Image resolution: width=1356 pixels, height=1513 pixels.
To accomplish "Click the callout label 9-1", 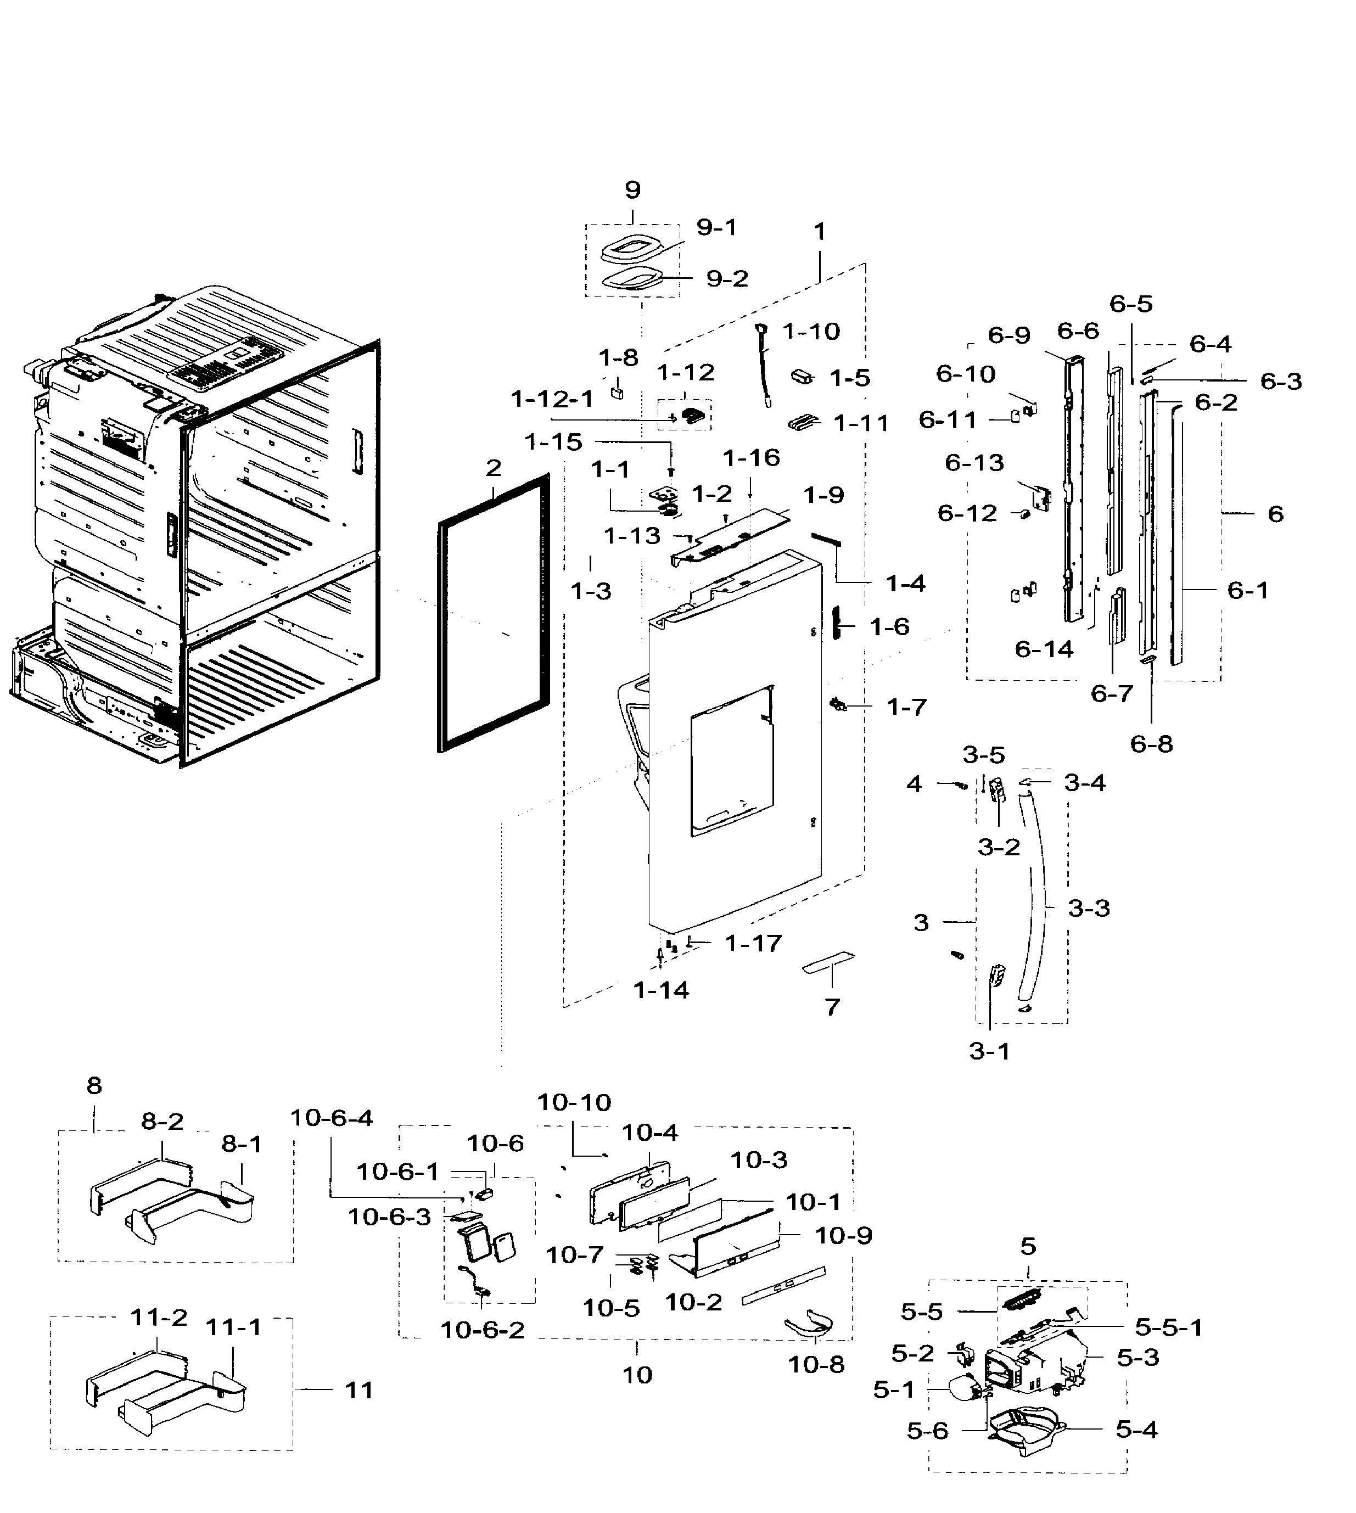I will coord(716,227).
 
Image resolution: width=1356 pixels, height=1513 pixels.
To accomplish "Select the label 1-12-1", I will coord(552,399).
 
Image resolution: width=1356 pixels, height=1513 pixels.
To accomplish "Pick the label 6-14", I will coord(1044,649).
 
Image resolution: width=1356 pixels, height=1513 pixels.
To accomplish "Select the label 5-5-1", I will coord(1168,1327).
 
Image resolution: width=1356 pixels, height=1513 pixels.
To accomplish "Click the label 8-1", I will coord(242,1144).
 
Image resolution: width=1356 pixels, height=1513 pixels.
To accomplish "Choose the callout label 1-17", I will coord(753,943).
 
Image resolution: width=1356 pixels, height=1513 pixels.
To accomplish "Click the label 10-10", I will coord(574,1102).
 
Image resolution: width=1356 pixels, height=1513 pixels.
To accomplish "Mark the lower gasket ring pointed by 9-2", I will coord(632,281).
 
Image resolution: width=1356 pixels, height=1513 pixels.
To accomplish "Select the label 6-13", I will coord(974,463).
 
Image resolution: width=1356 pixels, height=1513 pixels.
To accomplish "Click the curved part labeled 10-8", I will coord(808,1325).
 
